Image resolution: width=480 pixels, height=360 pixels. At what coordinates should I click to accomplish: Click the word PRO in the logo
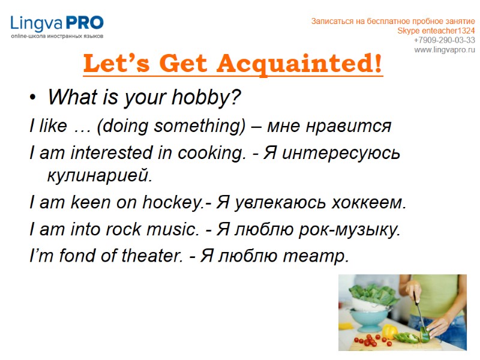(84, 23)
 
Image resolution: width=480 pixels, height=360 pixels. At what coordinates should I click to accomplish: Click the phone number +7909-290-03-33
(444, 40)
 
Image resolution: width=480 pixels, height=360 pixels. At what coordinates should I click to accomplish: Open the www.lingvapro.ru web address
(444, 49)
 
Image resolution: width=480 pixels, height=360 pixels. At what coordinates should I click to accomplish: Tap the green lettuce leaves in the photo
(360, 293)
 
